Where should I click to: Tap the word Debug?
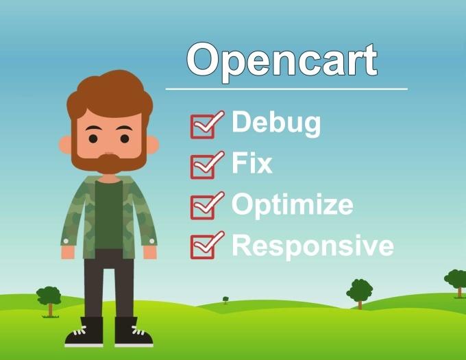pos(276,123)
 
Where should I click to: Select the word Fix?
pos(252,164)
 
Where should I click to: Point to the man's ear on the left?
pos(66,144)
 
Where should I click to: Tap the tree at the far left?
pos(49,297)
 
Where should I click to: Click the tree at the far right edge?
pos(457,280)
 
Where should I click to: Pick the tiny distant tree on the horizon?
pos(225,300)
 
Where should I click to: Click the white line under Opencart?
pos(286,89)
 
